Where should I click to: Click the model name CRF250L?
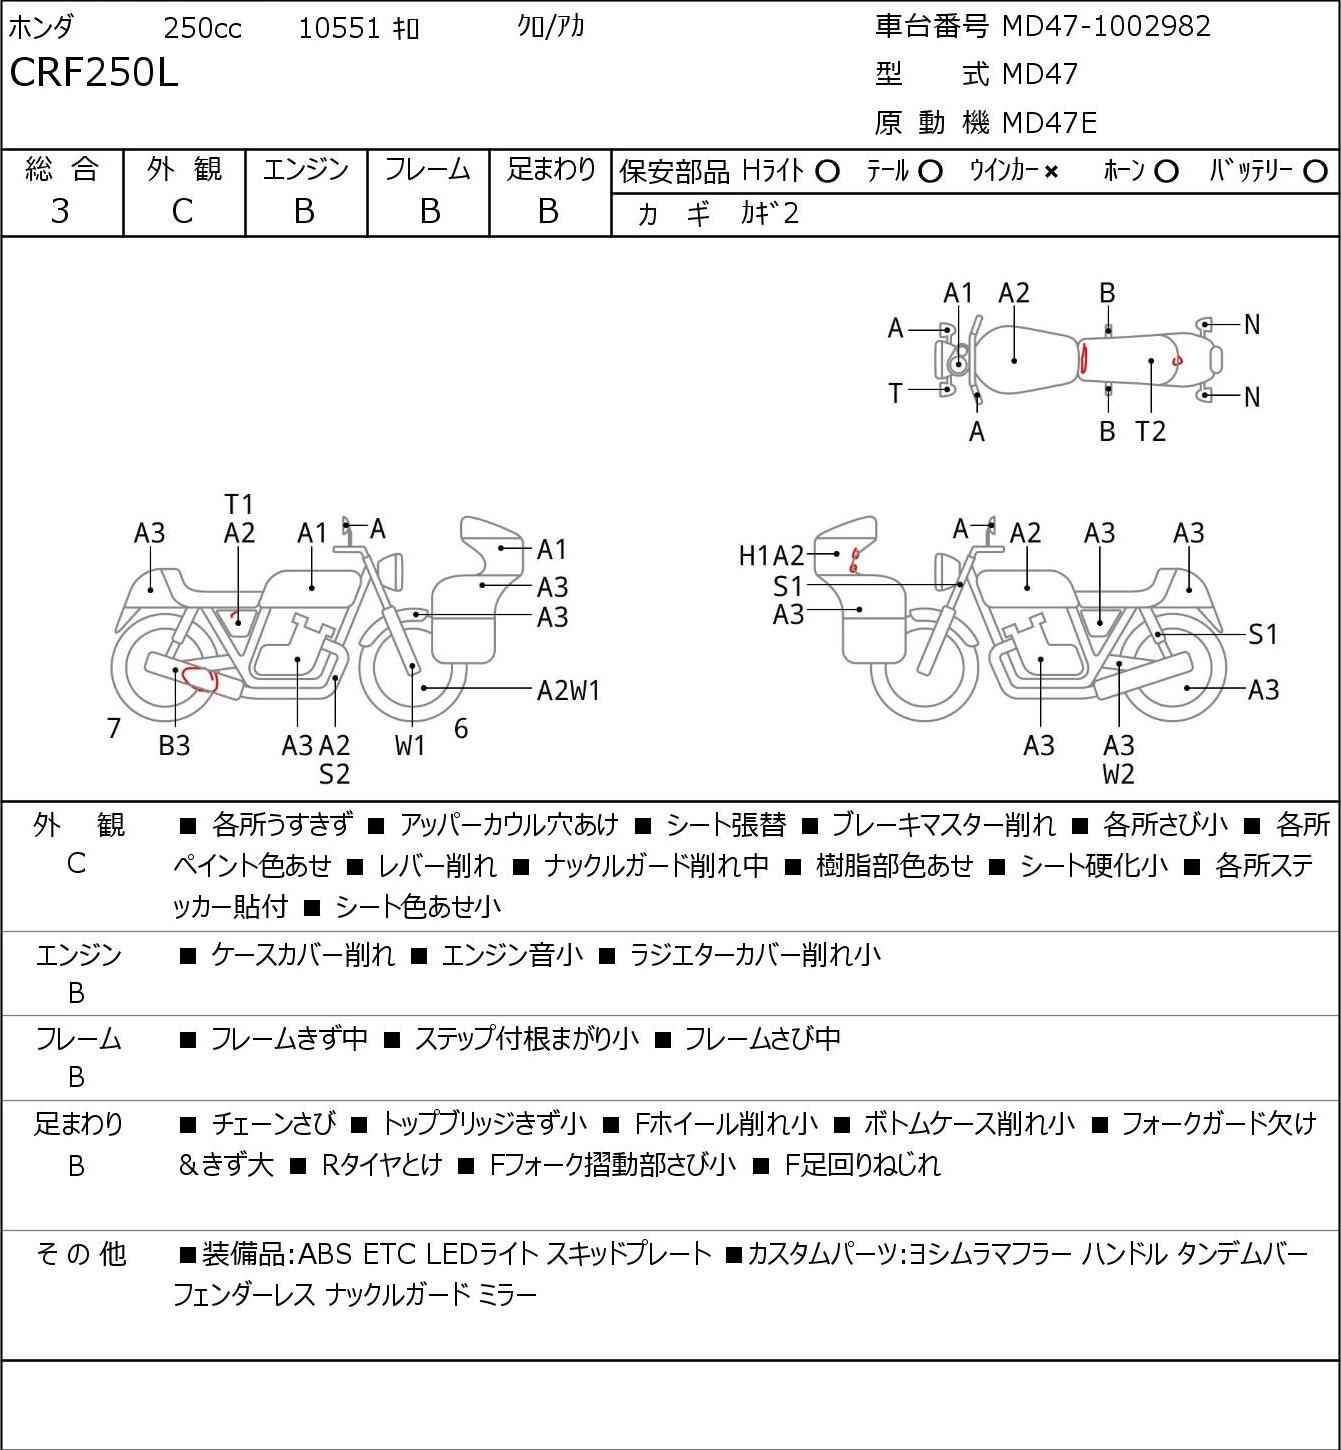tap(93, 73)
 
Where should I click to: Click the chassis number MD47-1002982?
tap(1106, 26)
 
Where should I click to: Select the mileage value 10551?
tap(339, 28)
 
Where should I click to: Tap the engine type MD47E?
tap(1050, 123)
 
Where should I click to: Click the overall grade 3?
tap(60, 211)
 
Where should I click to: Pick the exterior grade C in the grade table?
tap(183, 212)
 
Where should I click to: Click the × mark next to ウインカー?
tap(1051, 172)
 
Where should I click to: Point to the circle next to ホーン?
tap(1166, 172)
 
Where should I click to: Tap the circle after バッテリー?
tap(1315, 172)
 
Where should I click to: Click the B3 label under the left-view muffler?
tap(174, 745)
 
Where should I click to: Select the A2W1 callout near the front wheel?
tap(568, 691)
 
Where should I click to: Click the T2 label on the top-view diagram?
tap(1150, 431)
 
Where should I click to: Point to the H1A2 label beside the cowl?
tap(771, 556)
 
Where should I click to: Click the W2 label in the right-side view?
tap(1118, 774)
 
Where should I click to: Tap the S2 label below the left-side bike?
tap(334, 774)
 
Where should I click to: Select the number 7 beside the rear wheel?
tap(113, 728)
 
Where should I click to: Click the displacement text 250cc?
tap(202, 28)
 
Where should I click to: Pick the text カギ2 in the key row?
tap(770, 214)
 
